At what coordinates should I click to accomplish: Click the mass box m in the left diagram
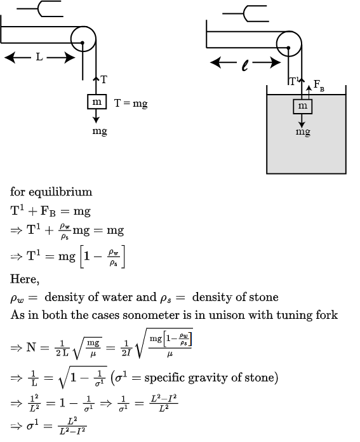pyautogui.click(x=97, y=102)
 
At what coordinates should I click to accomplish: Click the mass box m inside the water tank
pyautogui.click(x=302, y=107)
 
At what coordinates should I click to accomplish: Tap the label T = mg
pyautogui.click(x=131, y=104)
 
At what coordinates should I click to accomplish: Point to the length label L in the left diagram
pyautogui.click(x=39, y=57)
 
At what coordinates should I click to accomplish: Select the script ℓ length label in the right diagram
pyautogui.click(x=245, y=65)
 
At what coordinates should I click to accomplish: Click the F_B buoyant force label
pyautogui.click(x=319, y=85)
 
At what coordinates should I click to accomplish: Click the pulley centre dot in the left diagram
pyautogui.click(x=83, y=43)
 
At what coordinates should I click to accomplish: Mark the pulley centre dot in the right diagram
pyautogui.click(x=288, y=48)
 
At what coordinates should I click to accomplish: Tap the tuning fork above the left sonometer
pyautogui.click(x=40, y=9)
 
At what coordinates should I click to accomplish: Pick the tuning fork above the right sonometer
pyautogui.click(x=246, y=13)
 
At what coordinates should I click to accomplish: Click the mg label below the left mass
pyautogui.click(x=100, y=131)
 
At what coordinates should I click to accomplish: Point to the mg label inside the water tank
pyautogui.click(x=303, y=132)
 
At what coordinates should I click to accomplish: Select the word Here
pyautogui.click(x=25, y=279)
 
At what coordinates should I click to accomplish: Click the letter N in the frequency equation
pyautogui.click(x=31, y=347)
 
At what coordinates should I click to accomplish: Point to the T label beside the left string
pyautogui.click(x=103, y=80)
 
